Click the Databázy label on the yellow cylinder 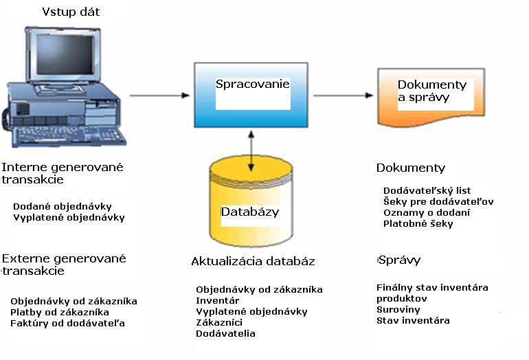point(250,212)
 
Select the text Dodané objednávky point(63,206)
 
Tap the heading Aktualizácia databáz point(253,262)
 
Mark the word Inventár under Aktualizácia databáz point(216,301)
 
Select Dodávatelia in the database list point(225,334)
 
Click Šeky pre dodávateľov point(438,201)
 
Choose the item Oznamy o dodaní point(427,212)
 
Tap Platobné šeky point(418,223)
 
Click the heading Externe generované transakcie point(64,265)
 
